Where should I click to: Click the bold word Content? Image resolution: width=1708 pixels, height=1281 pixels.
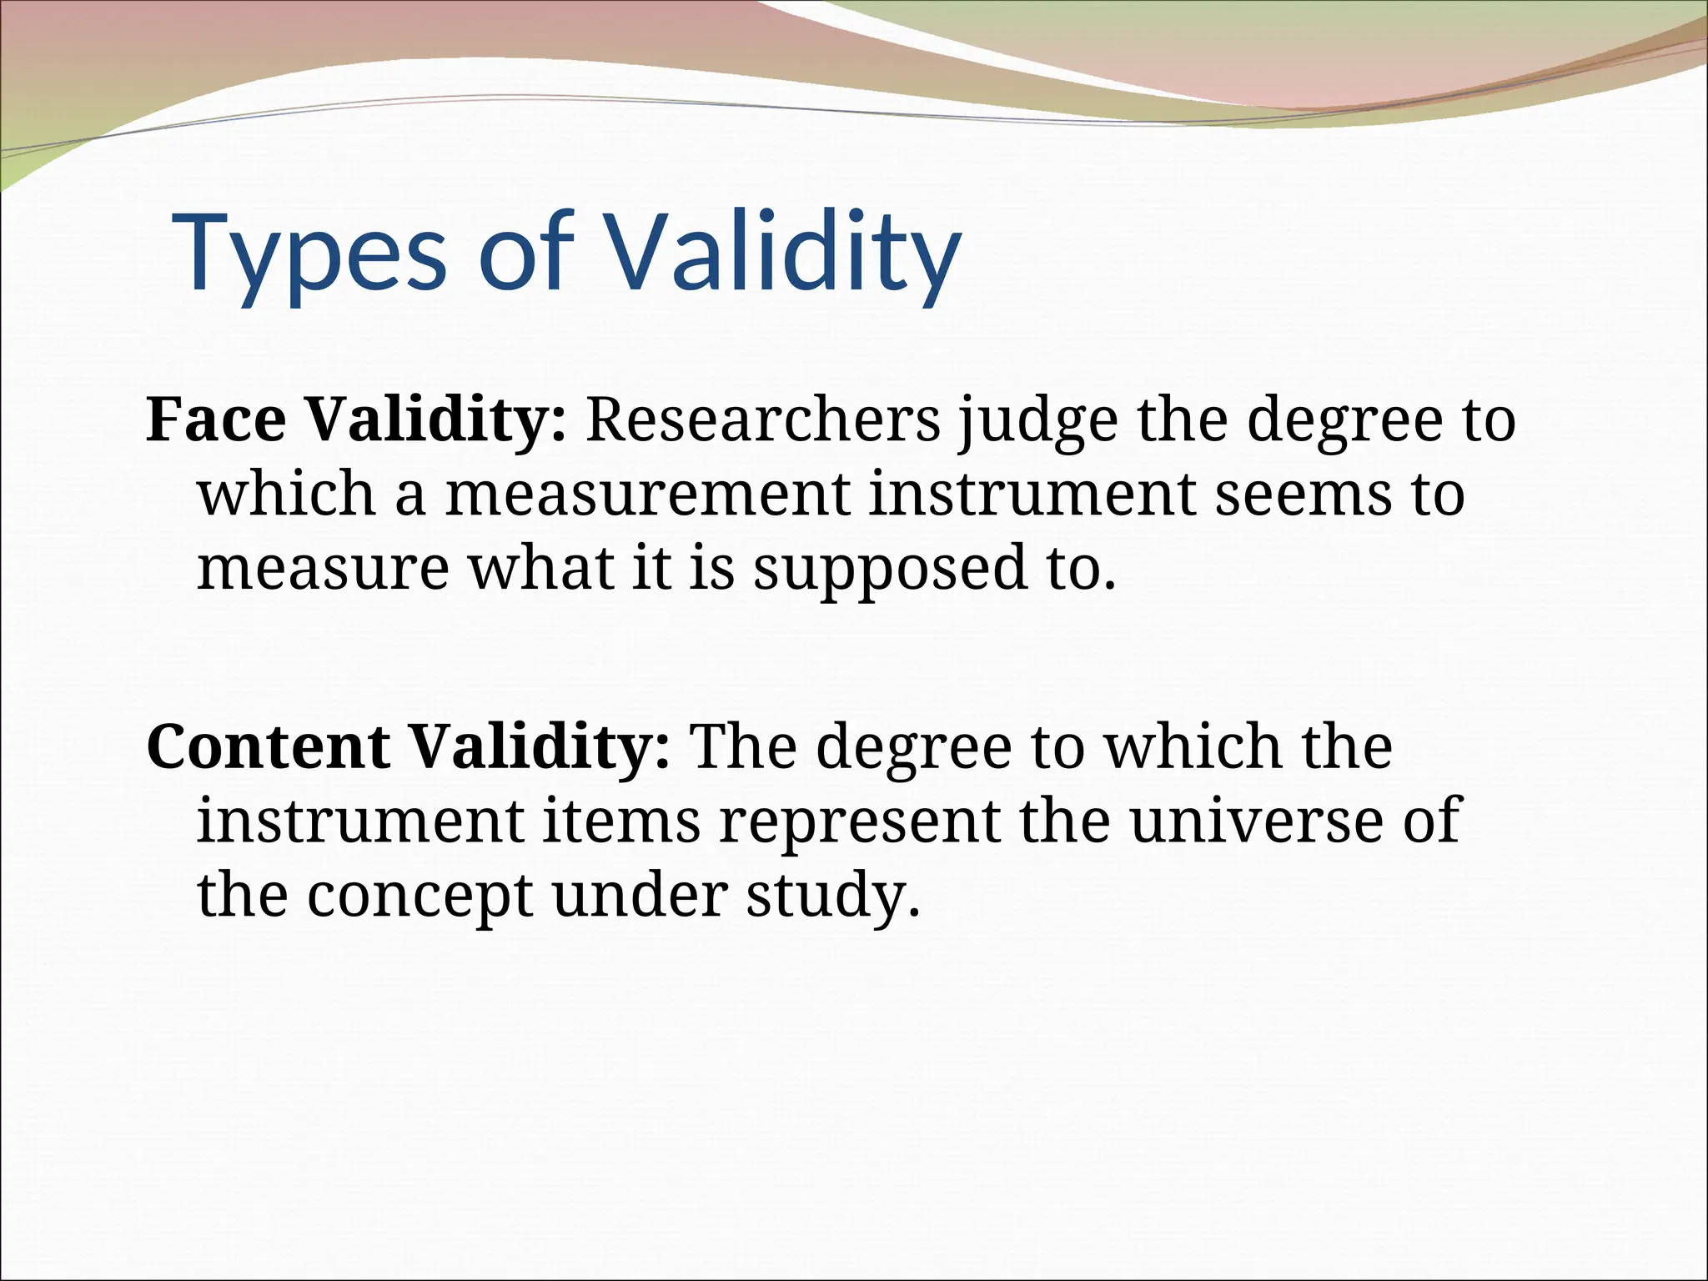coord(268,746)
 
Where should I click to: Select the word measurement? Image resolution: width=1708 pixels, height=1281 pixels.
coord(647,494)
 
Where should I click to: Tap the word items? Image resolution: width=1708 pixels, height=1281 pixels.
coord(621,821)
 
